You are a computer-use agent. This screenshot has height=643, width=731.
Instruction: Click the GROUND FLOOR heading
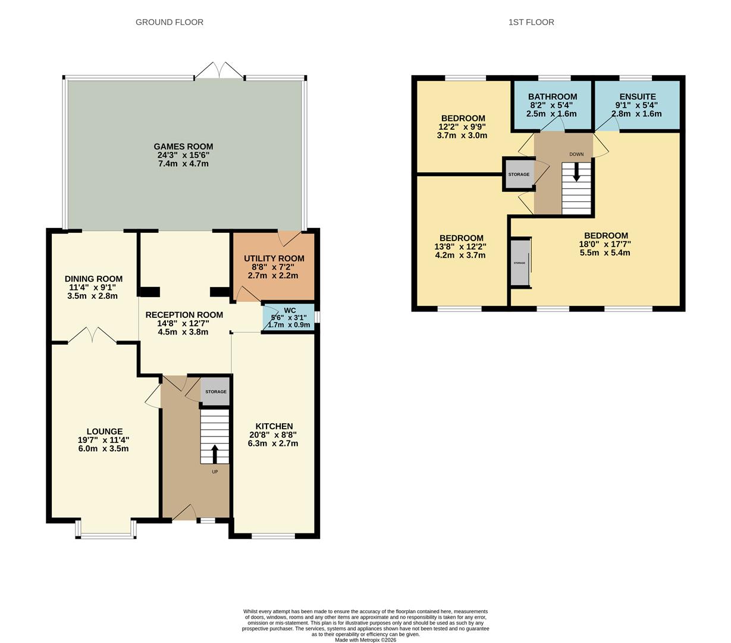(170, 22)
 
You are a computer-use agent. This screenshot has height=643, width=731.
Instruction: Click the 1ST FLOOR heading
(531, 22)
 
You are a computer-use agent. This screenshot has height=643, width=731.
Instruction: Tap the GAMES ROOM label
(183, 146)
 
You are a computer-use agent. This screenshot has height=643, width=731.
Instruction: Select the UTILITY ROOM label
(274, 258)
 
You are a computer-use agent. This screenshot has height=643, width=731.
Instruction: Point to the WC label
(290, 310)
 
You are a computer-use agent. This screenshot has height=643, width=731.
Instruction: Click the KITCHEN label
(274, 426)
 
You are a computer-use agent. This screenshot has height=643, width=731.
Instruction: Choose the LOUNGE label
(105, 432)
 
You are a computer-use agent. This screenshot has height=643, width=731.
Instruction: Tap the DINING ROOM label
(93, 279)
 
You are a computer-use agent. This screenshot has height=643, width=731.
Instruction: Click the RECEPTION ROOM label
(184, 315)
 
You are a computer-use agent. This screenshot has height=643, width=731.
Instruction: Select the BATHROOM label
(552, 97)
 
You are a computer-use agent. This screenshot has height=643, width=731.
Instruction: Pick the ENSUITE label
(637, 97)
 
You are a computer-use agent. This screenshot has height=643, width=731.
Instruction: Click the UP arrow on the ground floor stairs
(215, 454)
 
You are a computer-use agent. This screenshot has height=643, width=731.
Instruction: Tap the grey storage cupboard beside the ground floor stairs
(215, 392)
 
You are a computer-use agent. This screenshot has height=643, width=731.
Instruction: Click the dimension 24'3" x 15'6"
(183, 155)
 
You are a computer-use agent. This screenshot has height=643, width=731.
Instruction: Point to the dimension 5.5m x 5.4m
(605, 252)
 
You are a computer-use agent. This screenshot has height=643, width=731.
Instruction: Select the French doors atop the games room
(219, 71)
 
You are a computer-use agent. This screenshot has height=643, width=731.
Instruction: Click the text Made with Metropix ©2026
(365, 640)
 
